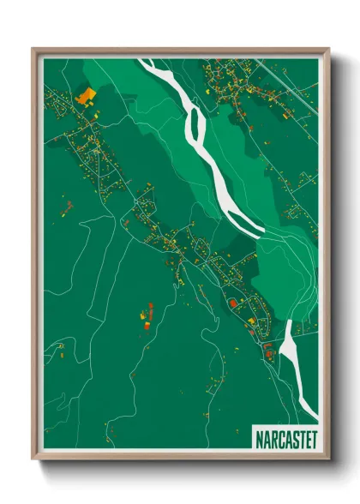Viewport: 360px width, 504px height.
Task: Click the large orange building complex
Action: pos(85,95)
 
